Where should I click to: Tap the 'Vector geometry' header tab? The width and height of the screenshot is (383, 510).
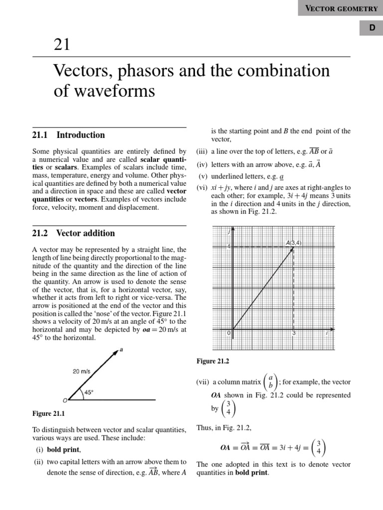[341, 8]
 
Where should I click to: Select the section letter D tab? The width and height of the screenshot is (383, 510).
[372, 29]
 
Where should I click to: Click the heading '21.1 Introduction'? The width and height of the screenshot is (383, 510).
[69, 135]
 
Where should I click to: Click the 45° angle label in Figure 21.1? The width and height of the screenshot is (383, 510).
[89, 392]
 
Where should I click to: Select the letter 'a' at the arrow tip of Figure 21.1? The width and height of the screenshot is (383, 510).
[121, 350]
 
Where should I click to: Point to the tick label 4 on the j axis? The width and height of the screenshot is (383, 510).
[229, 247]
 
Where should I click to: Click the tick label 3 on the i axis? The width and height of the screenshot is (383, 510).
[294, 333]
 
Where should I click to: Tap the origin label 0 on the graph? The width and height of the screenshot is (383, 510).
[229, 333]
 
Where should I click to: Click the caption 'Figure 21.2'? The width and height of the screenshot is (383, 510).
[213, 361]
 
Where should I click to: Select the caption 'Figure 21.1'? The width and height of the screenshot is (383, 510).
[49, 413]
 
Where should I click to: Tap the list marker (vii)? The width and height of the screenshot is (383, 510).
[202, 382]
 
